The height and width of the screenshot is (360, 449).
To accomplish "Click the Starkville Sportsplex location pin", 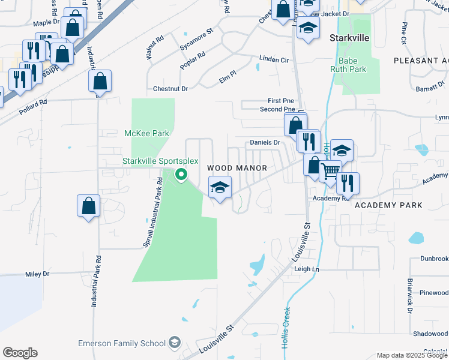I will (180, 175).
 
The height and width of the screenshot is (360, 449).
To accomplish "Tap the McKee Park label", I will (146, 133).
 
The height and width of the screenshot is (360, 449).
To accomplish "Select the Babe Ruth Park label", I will (348, 65).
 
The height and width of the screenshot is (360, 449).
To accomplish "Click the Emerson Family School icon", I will (174, 343).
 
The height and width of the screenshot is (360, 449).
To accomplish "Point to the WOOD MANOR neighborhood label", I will (237, 168).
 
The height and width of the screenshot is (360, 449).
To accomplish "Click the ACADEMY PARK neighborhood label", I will (388, 205).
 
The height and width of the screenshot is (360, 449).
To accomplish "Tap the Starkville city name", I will (349, 37).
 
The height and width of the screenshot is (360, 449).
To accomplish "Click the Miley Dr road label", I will (37, 274).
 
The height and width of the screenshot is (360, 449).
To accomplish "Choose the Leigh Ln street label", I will (306, 269).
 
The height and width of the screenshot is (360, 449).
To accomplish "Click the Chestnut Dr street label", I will (170, 89).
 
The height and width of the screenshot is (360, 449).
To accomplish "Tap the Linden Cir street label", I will (274, 60).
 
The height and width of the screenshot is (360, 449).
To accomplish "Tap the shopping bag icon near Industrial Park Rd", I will (88, 206).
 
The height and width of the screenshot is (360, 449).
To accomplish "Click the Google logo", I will (20, 353).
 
